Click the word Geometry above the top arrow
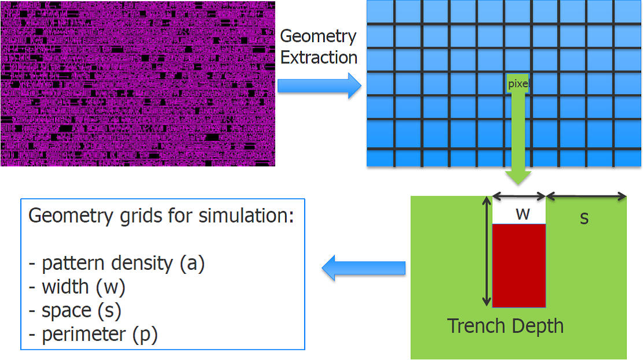coord(317,36)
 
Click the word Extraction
coord(319,58)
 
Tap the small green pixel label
coord(518,84)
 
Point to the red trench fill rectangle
coord(519,265)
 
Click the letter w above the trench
coord(523,214)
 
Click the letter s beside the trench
coord(584,218)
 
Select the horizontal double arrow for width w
coord(519,196)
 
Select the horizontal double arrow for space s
coord(586,196)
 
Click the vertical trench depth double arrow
coord(486,250)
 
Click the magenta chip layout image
coord(137,83)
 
